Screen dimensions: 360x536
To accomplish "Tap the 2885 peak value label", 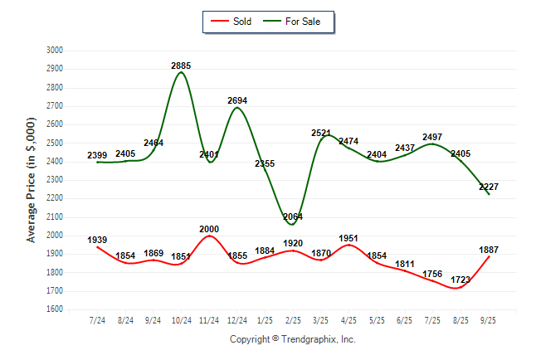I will [x=182, y=65].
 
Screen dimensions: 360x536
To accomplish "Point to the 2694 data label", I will [x=237, y=100].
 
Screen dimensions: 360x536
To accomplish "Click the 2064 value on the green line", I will [x=293, y=216].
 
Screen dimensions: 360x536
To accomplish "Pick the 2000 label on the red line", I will [x=209, y=228].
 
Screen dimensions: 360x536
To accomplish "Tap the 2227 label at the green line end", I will [x=488, y=187].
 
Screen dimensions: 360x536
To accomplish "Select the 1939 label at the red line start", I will [x=97, y=240].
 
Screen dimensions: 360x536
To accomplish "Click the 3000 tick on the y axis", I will [x=55, y=50].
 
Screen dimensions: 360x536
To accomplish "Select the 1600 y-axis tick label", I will [x=55, y=309].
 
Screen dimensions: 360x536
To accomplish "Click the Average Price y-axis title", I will [x=32, y=179].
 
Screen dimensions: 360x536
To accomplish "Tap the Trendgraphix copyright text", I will [x=292, y=339].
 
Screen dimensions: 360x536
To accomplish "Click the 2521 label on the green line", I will [x=321, y=133].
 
